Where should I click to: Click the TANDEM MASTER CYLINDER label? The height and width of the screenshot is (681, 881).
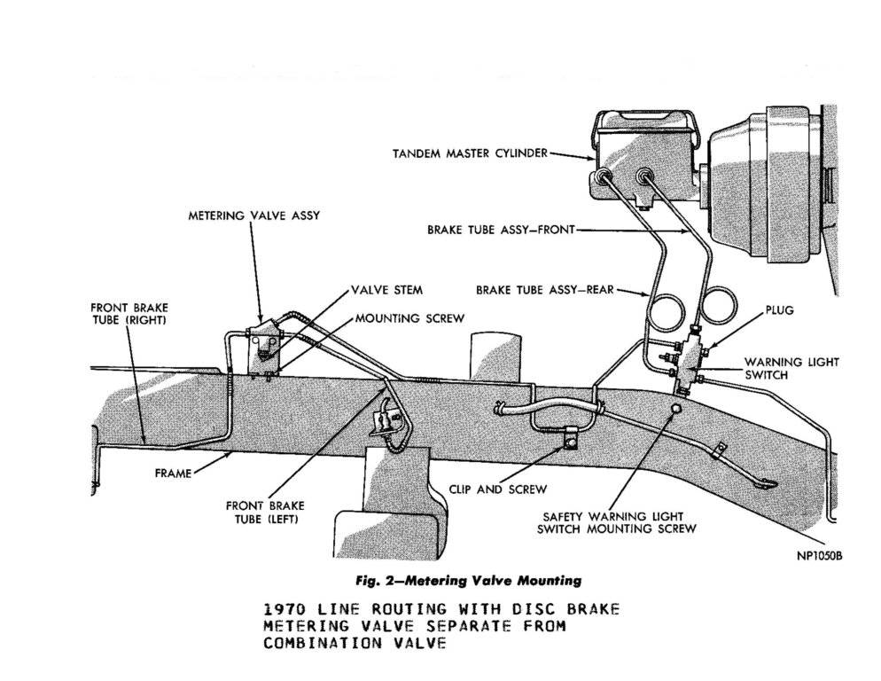point(470,153)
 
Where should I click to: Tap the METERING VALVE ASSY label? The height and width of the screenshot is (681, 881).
point(254,215)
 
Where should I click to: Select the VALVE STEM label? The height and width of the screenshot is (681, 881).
point(387,290)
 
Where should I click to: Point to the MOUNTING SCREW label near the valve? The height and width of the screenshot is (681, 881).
point(410,318)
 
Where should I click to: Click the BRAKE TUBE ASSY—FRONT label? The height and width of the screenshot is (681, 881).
point(501,230)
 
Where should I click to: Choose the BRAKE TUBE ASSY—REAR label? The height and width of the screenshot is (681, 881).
point(545,290)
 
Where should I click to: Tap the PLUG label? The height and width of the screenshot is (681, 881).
point(779,310)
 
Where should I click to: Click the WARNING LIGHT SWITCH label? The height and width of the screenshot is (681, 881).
point(791,368)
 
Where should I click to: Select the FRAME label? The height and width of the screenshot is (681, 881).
point(173,474)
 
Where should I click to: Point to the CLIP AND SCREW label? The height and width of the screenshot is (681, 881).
point(498,489)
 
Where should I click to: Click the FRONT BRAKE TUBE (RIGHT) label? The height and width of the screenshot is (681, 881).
point(129,314)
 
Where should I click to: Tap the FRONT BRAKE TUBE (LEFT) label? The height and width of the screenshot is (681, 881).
point(265,513)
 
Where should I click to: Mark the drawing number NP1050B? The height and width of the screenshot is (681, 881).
point(820,556)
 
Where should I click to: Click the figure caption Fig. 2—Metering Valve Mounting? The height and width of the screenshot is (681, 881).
point(469,580)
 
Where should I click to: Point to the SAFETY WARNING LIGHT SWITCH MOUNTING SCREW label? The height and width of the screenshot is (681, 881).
point(616,522)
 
